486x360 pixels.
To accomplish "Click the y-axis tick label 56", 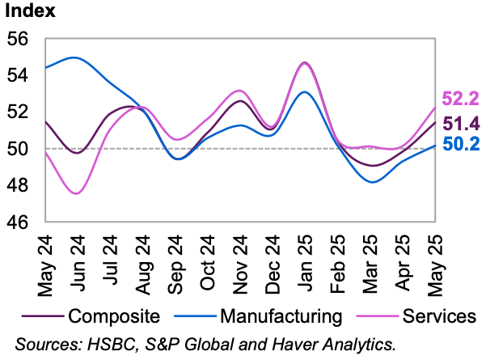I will click(18, 38).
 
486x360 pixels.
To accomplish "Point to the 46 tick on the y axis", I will click(18, 222).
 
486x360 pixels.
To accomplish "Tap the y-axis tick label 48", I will click(18, 185).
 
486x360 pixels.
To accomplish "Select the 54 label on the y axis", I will click(18, 75).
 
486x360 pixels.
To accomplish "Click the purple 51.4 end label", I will click(462, 124).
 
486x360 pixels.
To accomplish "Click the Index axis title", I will click(31, 12).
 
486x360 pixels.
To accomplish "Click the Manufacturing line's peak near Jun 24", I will click(74, 57).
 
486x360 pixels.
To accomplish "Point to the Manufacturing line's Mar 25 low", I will click(373, 182).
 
